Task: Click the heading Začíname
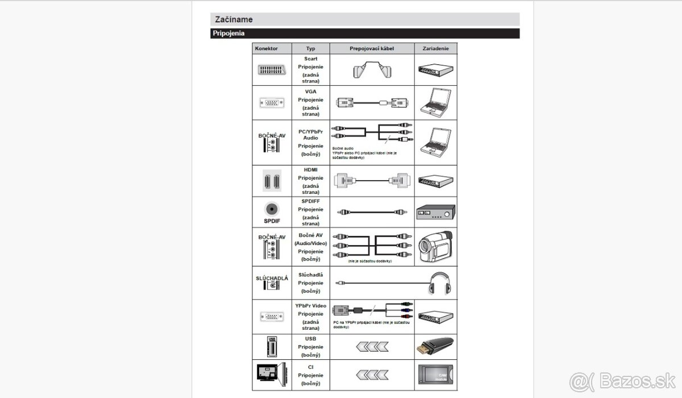pos(234,19)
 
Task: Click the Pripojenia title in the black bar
pos(228,34)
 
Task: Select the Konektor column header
pos(267,49)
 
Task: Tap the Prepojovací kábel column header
pos(372,49)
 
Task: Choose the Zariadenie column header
pos(435,49)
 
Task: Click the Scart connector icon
pos(272,70)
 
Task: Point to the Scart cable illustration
pos(372,71)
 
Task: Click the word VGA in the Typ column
pos(310,91)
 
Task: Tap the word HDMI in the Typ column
pos(310,170)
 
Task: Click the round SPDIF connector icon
pos(272,209)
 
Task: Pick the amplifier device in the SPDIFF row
pos(435,212)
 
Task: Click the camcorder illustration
pos(435,246)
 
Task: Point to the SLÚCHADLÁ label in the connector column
pos(272,277)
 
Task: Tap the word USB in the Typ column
pos(310,339)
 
